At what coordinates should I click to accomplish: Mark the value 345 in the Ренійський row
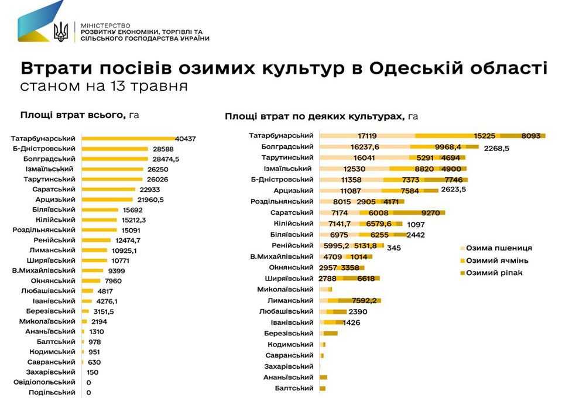394,248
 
